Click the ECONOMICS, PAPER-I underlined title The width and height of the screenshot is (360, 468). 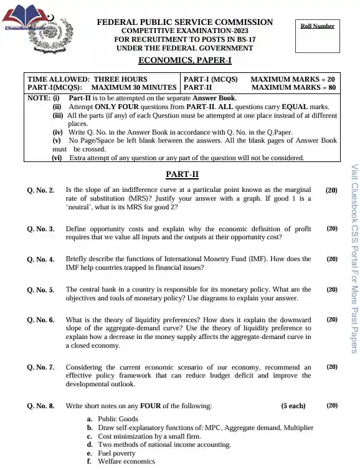click(x=184, y=60)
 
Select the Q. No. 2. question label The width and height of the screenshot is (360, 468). click(x=41, y=189)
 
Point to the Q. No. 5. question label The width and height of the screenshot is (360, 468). click(x=41, y=290)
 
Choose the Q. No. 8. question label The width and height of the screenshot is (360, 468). click(x=41, y=406)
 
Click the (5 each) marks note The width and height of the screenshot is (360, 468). click(x=293, y=406)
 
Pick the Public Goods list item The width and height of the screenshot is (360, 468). click(x=118, y=419)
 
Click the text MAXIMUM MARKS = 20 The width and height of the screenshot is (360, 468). click(x=292, y=79)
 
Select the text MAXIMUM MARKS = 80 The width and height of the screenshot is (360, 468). click(x=293, y=88)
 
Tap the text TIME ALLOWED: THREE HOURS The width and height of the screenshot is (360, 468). click(x=87, y=79)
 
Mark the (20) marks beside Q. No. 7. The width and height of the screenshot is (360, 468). click(x=332, y=367)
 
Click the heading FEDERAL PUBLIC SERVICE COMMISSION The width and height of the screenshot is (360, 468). click(x=184, y=22)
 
